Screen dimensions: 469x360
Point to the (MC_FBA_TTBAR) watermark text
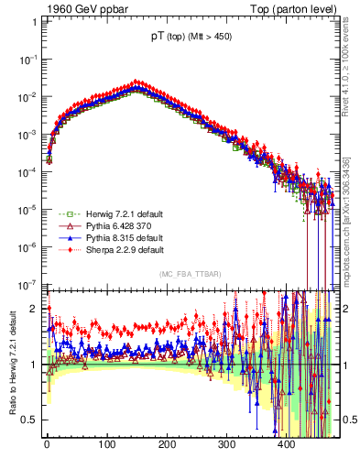(x=188, y=274)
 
